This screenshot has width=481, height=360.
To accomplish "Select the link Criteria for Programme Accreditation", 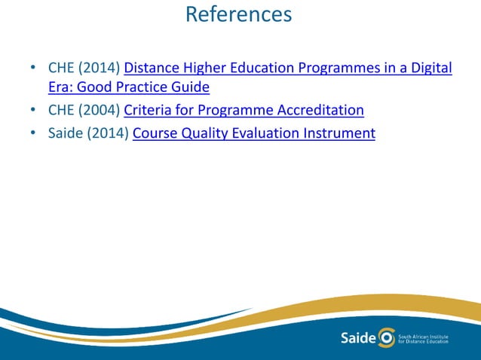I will point(244,111).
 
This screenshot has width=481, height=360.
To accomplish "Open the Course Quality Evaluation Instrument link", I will point(253,135).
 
